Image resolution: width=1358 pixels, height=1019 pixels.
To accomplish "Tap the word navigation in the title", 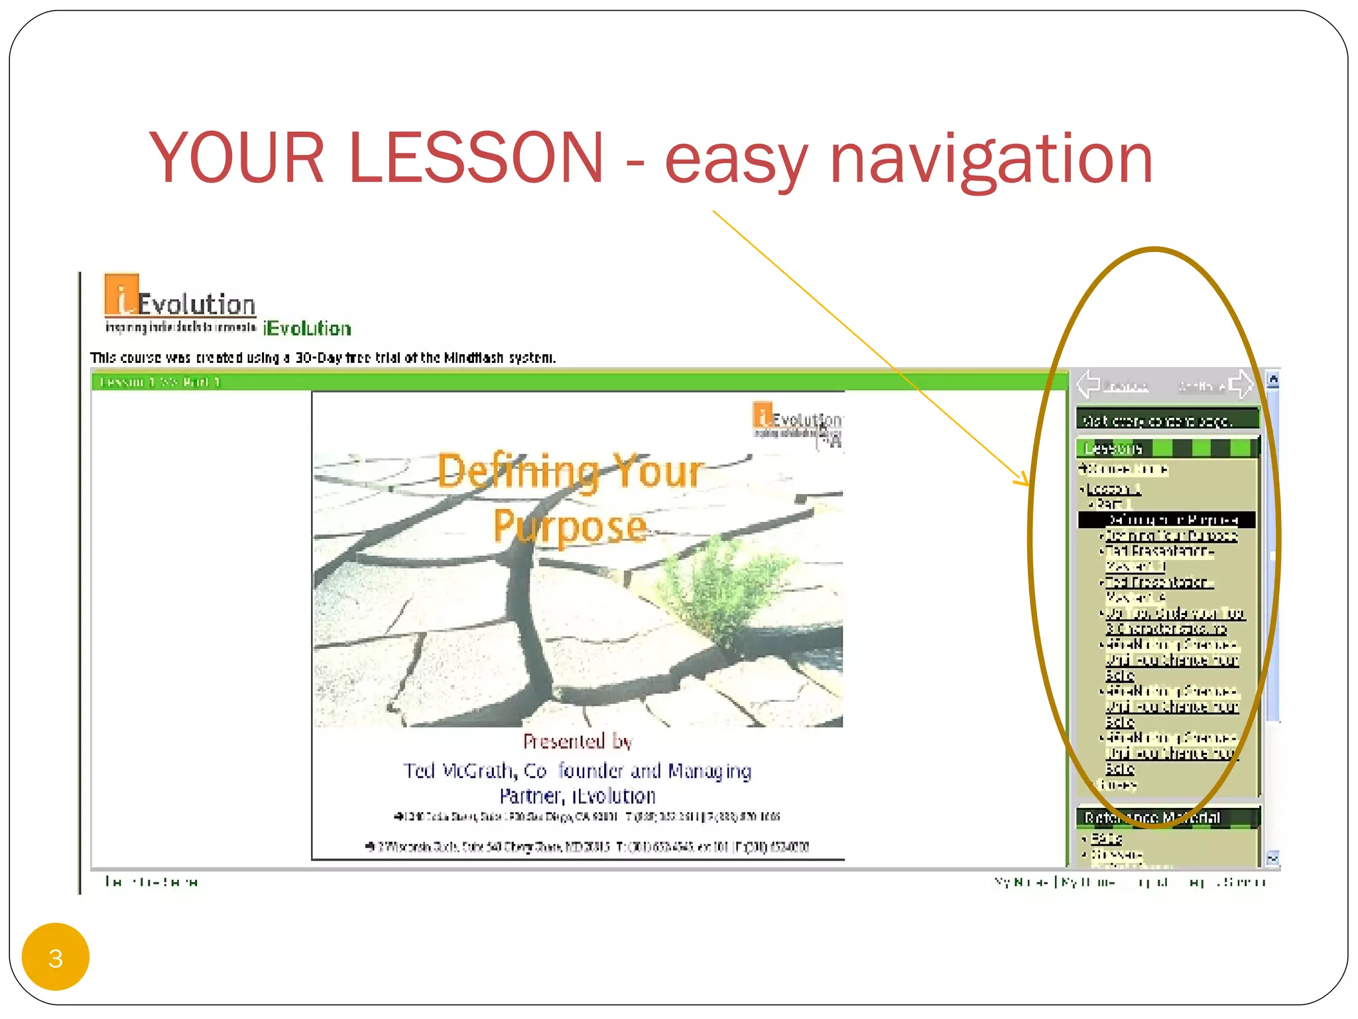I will [x=991, y=159].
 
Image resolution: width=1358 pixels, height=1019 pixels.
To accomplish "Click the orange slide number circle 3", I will [x=56, y=957].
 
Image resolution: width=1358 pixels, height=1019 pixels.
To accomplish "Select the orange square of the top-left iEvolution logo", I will [x=121, y=294].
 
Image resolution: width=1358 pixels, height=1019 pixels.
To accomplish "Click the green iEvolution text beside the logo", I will [x=307, y=328].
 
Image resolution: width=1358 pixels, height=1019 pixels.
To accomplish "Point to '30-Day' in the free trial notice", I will [x=318, y=358].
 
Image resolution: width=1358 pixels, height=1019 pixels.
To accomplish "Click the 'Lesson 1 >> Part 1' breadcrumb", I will [x=159, y=382].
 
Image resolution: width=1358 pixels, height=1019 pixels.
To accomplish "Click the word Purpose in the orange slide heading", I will [x=569, y=527].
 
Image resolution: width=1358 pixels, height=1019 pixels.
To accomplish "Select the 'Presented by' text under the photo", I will [x=577, y=741].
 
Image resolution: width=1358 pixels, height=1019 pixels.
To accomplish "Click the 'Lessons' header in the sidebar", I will [x=1113, y=449].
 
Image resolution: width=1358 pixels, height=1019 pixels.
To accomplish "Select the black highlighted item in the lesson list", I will [x=1167, y=519].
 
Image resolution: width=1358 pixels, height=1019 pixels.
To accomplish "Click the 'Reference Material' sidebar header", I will [x=1152, y=817].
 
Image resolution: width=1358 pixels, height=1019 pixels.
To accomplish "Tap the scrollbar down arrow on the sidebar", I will [x=1272, y=858].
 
